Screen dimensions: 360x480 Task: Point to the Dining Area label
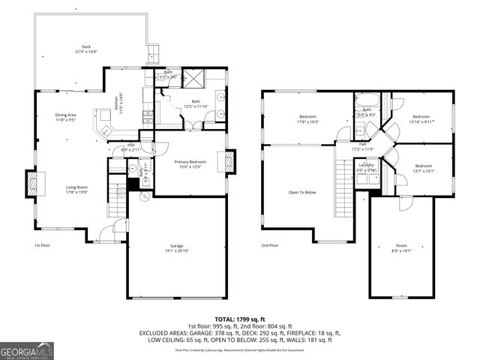coord(66,117)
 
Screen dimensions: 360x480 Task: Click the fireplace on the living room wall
coord(32,183)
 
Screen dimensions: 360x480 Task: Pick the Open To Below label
coord(303,191)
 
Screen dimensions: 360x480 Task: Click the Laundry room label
coord(366,166)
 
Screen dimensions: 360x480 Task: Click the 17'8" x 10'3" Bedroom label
coord(308,119)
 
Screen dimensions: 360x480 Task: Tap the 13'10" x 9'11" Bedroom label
coord(421,119)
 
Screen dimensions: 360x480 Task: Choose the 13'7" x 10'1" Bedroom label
coord(424,168)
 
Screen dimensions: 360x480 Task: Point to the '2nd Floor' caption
coord(270,245)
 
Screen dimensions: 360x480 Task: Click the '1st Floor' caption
coord(42,245)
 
